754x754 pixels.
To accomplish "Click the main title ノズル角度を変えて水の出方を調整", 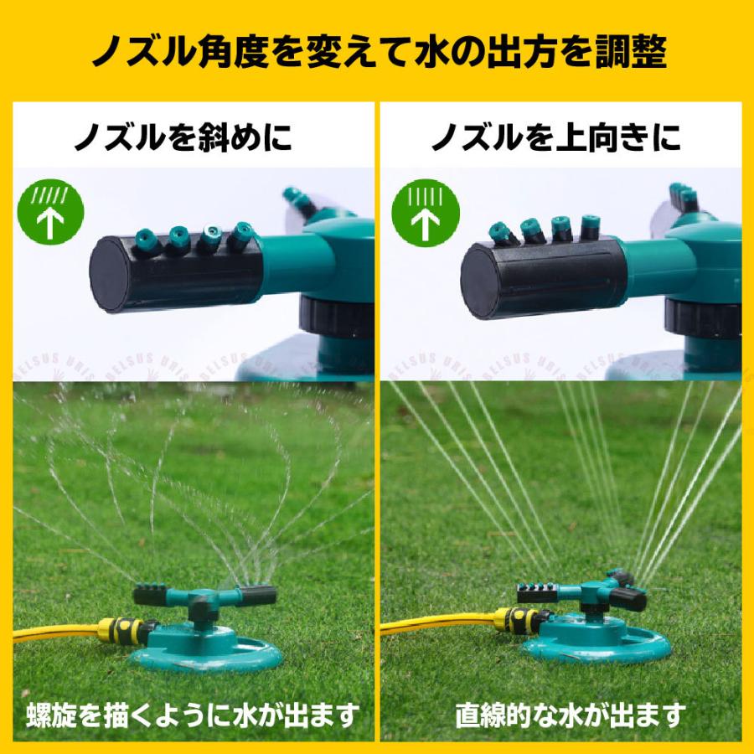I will click(377, 52).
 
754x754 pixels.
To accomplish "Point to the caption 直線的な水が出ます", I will click(571, 715).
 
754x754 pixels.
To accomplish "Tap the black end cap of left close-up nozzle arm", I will click(111, 273).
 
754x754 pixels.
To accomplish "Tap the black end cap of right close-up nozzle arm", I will click(480, 281).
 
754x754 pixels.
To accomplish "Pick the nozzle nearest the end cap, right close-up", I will click(503, 233).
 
